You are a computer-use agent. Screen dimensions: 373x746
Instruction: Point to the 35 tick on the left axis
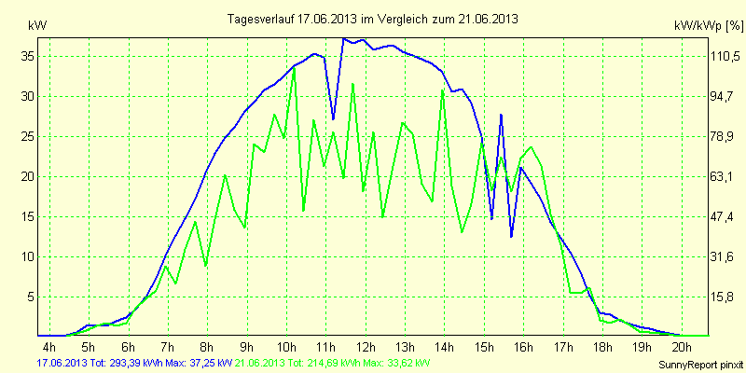28,56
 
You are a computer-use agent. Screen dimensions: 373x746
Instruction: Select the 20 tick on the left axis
28,176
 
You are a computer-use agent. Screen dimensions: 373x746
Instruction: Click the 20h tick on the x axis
681,346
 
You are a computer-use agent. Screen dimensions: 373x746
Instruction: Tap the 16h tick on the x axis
524,346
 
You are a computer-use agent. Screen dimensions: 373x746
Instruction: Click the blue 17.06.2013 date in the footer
62,362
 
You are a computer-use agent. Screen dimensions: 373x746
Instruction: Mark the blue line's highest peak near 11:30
344,39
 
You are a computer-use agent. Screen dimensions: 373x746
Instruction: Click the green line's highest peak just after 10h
295,67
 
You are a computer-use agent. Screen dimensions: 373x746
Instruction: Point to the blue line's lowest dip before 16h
512,237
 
